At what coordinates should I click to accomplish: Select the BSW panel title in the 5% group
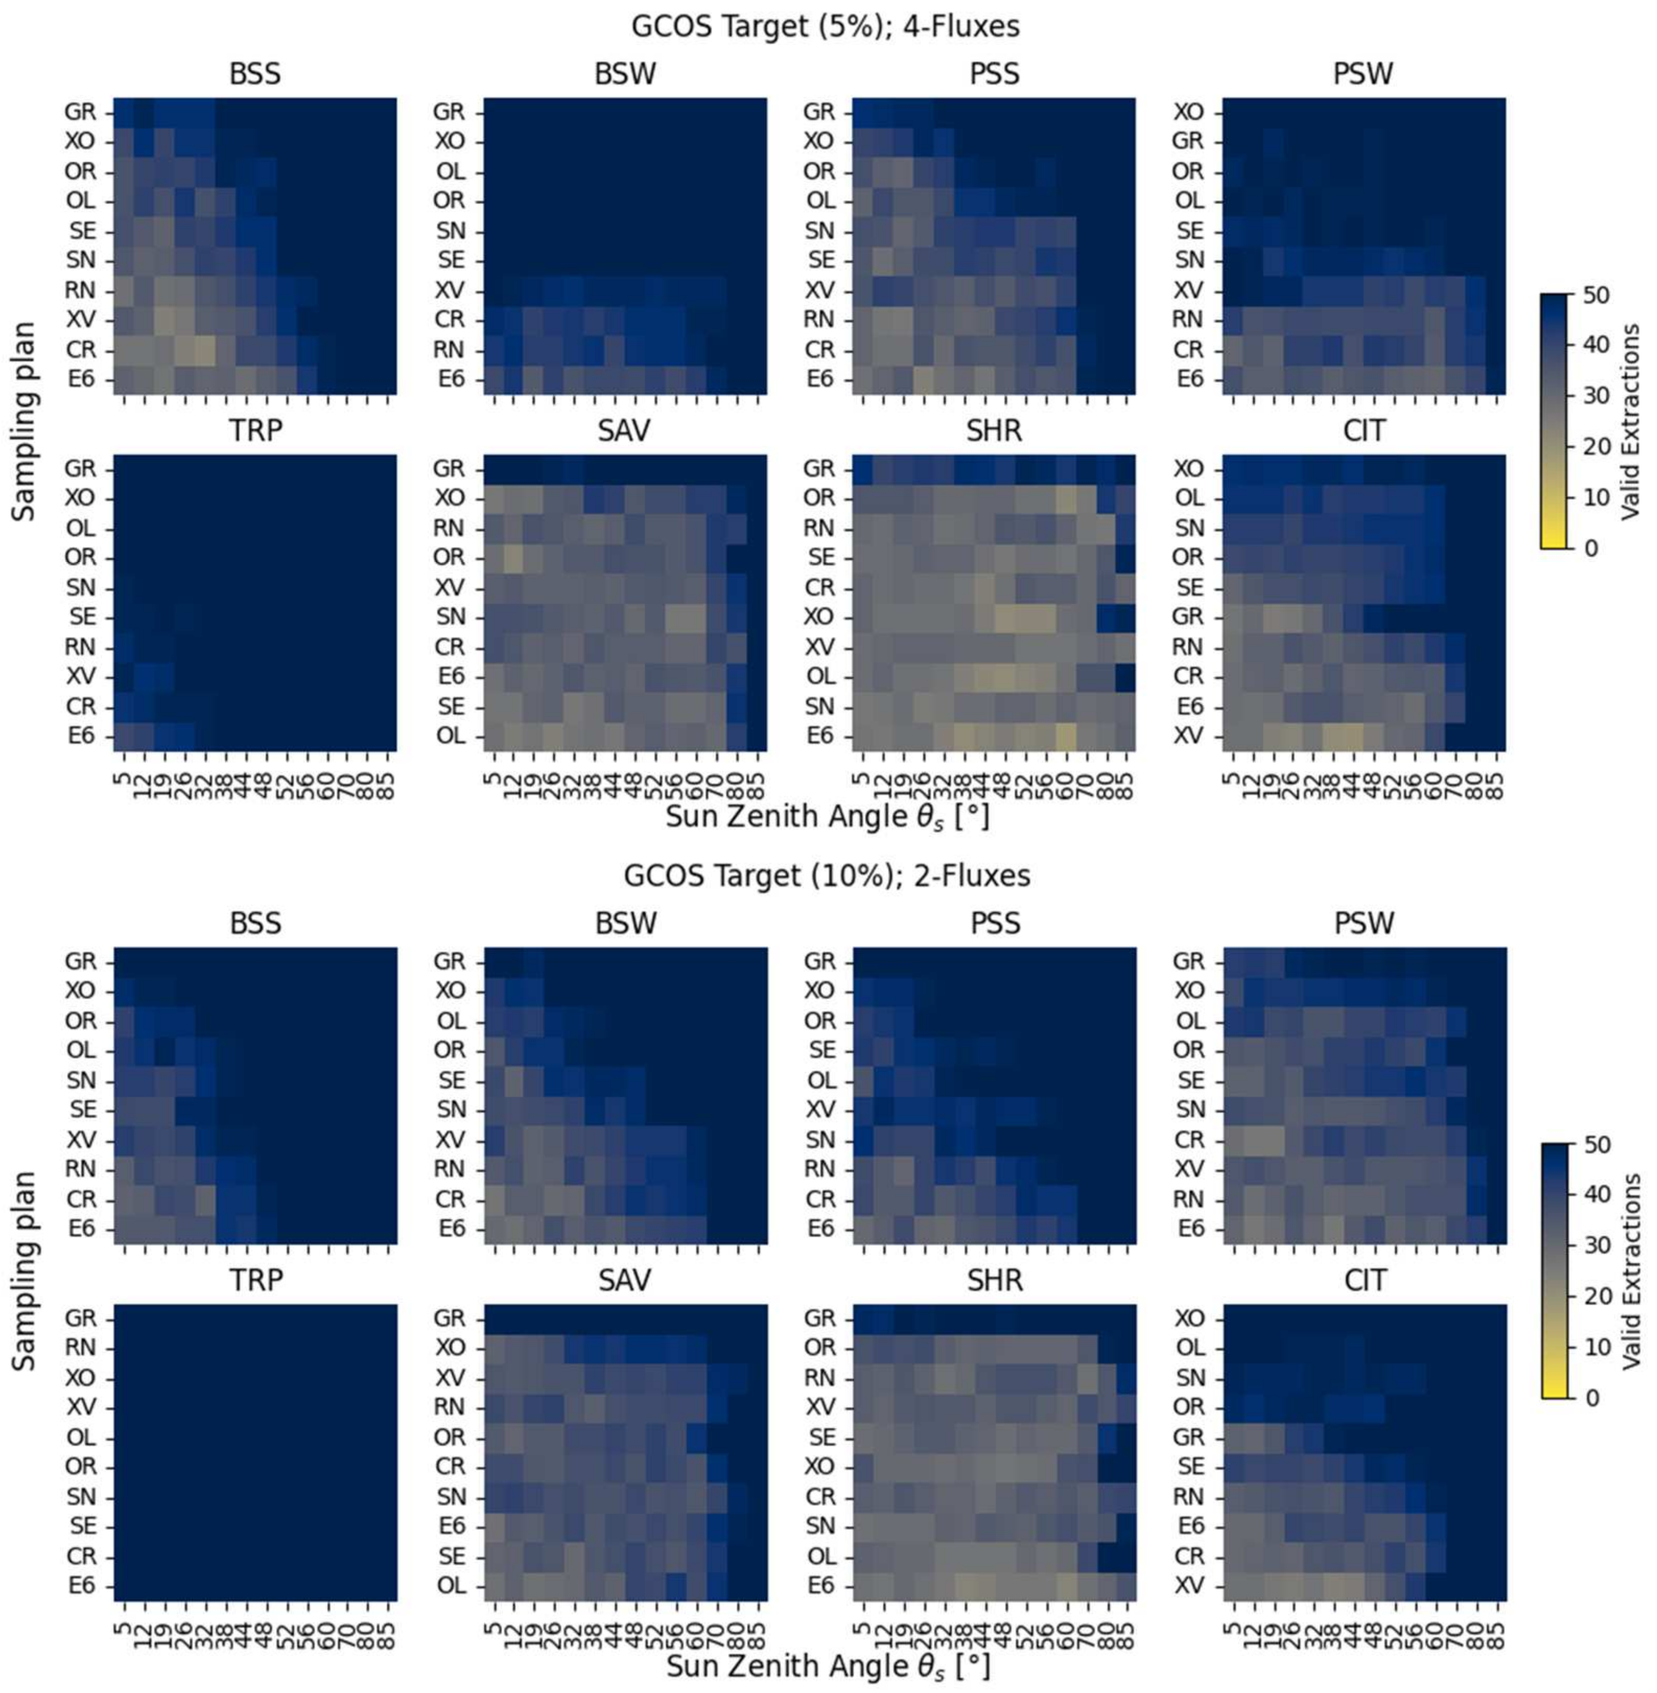(x=625, y=75)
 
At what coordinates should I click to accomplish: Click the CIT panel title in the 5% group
(x=1363, y=431)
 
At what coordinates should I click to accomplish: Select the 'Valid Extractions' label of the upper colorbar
(x=1632, y=422)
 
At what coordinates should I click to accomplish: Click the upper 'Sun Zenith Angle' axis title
(x=827, y=816)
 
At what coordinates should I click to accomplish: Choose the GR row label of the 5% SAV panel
(x=449, y=469)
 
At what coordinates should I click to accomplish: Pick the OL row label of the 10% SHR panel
(x=818, y=1556)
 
